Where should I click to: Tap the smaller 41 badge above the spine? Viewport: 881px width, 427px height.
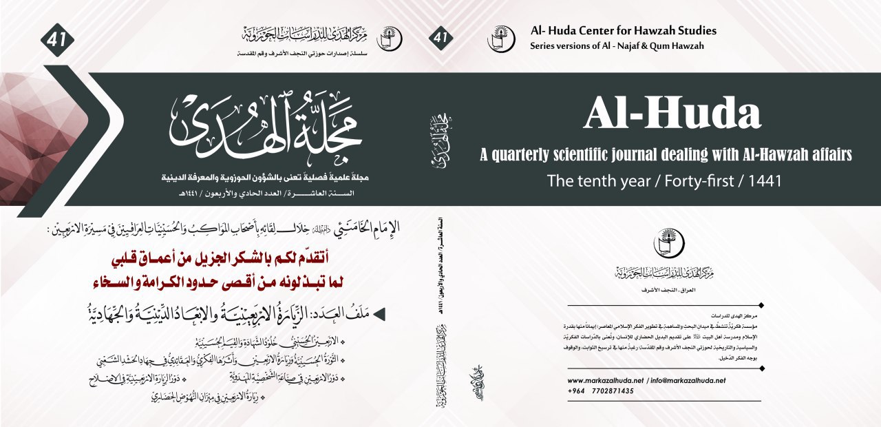(x=440, y=38)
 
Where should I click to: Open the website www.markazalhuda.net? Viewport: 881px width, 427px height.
(x=605, y=380)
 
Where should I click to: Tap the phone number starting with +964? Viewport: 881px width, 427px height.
(x=600, y=390)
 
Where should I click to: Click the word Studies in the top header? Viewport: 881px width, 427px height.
(x=695, y=31)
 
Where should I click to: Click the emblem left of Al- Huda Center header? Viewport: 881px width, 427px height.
(x=500, y=39)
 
